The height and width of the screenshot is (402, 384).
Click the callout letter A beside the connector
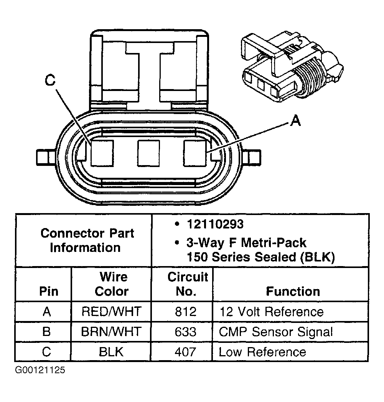(x=295, y=121)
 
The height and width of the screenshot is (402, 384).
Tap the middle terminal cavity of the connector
(x=148, y=154)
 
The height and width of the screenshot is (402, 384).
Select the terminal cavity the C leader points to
(x=102, y=154)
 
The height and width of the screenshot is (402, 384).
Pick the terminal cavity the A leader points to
(x=196, y=154)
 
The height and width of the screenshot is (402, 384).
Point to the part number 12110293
(x=215, y=224)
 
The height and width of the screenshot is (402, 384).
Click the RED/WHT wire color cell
(x=111, y=311)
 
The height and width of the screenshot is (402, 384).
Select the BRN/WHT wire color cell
(x=111, y=331)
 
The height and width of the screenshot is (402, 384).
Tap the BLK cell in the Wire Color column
(x=111, y=352)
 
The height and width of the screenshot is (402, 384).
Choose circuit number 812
(x=182, y=311)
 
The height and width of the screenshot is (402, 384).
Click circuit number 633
(x=182, y=331)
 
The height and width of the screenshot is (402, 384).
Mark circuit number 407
(x=182, y=352)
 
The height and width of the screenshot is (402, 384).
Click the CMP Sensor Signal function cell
(x=276, y=331)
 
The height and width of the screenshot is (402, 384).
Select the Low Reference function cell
(x=262, y=352)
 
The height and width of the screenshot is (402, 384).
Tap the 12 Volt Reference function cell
(x=271, y=311)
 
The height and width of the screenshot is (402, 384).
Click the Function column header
(x=293, y=291)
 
